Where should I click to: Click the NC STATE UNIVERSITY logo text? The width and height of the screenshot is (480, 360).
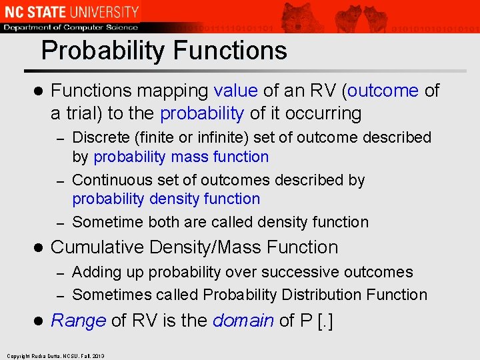(71, 11)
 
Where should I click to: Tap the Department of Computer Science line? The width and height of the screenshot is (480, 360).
(71, 27)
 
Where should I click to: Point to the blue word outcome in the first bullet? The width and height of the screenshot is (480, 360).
(383, 91)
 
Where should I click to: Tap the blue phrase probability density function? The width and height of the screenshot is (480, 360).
(166, 199)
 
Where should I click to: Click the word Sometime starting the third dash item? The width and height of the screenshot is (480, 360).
(109, 222)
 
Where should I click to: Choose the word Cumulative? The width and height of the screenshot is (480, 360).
(97, 247)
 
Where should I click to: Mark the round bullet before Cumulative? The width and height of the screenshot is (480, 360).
(38, 248)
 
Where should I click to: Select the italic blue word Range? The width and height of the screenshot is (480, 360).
(78, 321)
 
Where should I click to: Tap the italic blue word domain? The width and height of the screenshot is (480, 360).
(243, 321)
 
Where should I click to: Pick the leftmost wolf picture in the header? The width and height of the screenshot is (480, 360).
(298, 17)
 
